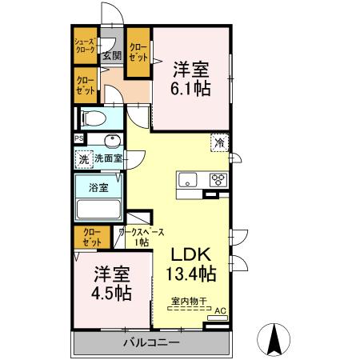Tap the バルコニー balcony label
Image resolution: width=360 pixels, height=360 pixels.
tap(151, 343)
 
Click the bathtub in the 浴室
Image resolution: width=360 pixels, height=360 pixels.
tap(98, 210)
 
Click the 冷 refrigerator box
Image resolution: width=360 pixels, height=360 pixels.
tap(218, 143)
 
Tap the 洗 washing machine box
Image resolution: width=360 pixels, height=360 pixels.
tap(83, 158)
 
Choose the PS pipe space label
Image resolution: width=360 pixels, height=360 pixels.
tap(78, 138)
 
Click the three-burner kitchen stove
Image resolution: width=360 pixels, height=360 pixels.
tap(218, 179)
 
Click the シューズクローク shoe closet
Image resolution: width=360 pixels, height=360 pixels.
tap(85, 46)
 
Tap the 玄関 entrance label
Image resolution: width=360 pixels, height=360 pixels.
tap(111, 56)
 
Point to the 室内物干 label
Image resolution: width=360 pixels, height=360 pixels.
tap(190, 302)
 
